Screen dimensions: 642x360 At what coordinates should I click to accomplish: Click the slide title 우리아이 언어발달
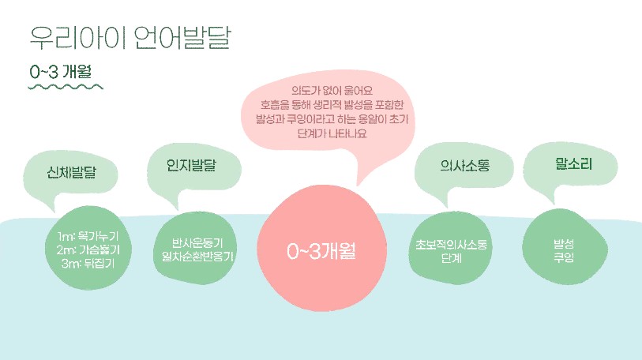pos(130,38)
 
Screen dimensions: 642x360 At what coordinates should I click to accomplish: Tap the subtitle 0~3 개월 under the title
pos(60,72)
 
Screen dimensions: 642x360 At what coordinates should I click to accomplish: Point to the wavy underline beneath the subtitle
pos(66,87)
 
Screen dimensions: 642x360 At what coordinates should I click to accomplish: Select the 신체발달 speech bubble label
pos(71,172)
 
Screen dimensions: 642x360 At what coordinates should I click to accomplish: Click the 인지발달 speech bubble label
pos(191,165)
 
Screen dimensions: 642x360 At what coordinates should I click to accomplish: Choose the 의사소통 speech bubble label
pos(464,165)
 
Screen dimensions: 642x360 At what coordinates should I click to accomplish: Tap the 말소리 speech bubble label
pos(573,164)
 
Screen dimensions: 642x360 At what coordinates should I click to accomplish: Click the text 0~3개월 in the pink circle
pos(321,251)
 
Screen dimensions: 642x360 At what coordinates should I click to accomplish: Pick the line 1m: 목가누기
pos(88,236)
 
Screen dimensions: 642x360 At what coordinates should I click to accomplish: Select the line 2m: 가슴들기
pos(88,249)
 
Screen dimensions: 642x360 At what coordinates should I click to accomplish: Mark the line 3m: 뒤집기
pos(88,263)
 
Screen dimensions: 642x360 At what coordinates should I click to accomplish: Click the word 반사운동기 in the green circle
pos(197,243)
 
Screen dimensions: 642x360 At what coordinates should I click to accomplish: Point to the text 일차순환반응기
pos(197,257)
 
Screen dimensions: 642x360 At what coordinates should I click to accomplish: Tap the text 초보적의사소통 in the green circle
pos(451,245)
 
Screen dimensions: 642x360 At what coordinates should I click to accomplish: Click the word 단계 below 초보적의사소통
pos(451,258)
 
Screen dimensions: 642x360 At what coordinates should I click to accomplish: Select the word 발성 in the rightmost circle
pos(564,244)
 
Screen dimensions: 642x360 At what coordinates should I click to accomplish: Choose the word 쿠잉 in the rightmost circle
pos(564,257)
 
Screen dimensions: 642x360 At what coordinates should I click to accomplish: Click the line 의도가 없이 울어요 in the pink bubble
pos(332,90)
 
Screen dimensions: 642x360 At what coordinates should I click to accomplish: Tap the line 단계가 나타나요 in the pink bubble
pos(332,133)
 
